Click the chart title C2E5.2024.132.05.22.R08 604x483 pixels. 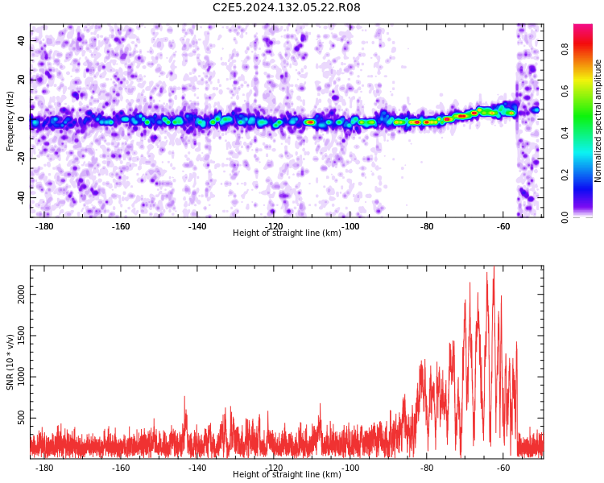pyautogui.click(x=286, y=7)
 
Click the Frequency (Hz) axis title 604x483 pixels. pyautogui.click(x=10, y=121)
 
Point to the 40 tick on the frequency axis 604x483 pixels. pyautogui.click(x=21, y=40)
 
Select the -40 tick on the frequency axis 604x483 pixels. pyautogui.click(x=21, y=197)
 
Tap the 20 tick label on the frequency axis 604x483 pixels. pyautogui.click(x=21, y=80)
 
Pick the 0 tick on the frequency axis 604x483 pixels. pyautogui.click(x=21, y=119)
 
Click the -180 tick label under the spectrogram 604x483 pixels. pyautogui.click(x=44, y=226)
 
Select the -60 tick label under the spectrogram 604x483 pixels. pyautogui.click(x=503, y=226)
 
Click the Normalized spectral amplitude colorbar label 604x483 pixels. pyautogui.click(x=598, y=121)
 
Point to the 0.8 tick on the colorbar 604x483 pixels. pyautogui.click(x=565, y=49)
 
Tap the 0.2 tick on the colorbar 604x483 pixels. pyautogui.click(x=565, y=175)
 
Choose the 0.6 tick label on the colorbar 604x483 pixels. pyautogui.click(x=565, y=91)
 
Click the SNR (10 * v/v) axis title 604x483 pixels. pyautogui.click(x=10, y=362)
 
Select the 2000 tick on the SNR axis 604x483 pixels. pyautogui.click(x=21, y=295)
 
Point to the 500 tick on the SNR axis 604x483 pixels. pyautogui.click(x=21, y=418)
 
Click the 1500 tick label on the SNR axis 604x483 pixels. pyautogui.click(x=21, y=336)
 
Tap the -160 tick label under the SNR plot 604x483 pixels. pyautogui.click(x=121, y=468)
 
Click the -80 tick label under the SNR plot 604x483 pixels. pyautogui.click(x=426, y=468)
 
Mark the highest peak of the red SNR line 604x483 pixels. pyautogui.click(x=494, y=266)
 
